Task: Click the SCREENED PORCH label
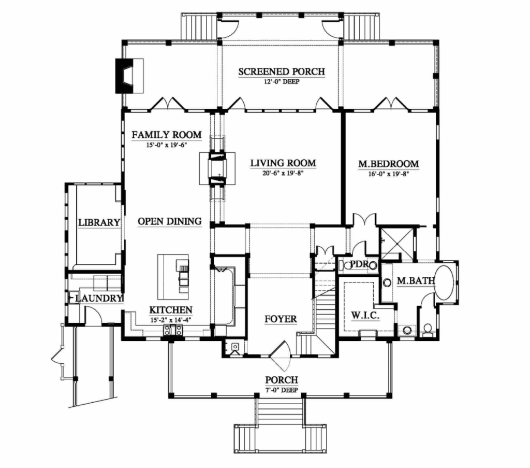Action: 282,72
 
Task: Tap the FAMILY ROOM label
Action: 167,135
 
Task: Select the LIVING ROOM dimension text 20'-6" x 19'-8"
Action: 283,174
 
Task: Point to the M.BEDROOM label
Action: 388,164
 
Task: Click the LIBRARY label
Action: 99,222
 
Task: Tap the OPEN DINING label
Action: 170,221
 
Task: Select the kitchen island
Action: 173,277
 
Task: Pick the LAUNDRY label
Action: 98,298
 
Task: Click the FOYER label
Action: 281,319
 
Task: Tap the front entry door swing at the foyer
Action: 281,356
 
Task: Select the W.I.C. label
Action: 365,316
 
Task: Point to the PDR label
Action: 359,264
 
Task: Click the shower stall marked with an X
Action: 397,244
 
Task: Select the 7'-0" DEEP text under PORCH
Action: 281,390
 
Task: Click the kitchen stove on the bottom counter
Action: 173,330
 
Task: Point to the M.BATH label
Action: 416,280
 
